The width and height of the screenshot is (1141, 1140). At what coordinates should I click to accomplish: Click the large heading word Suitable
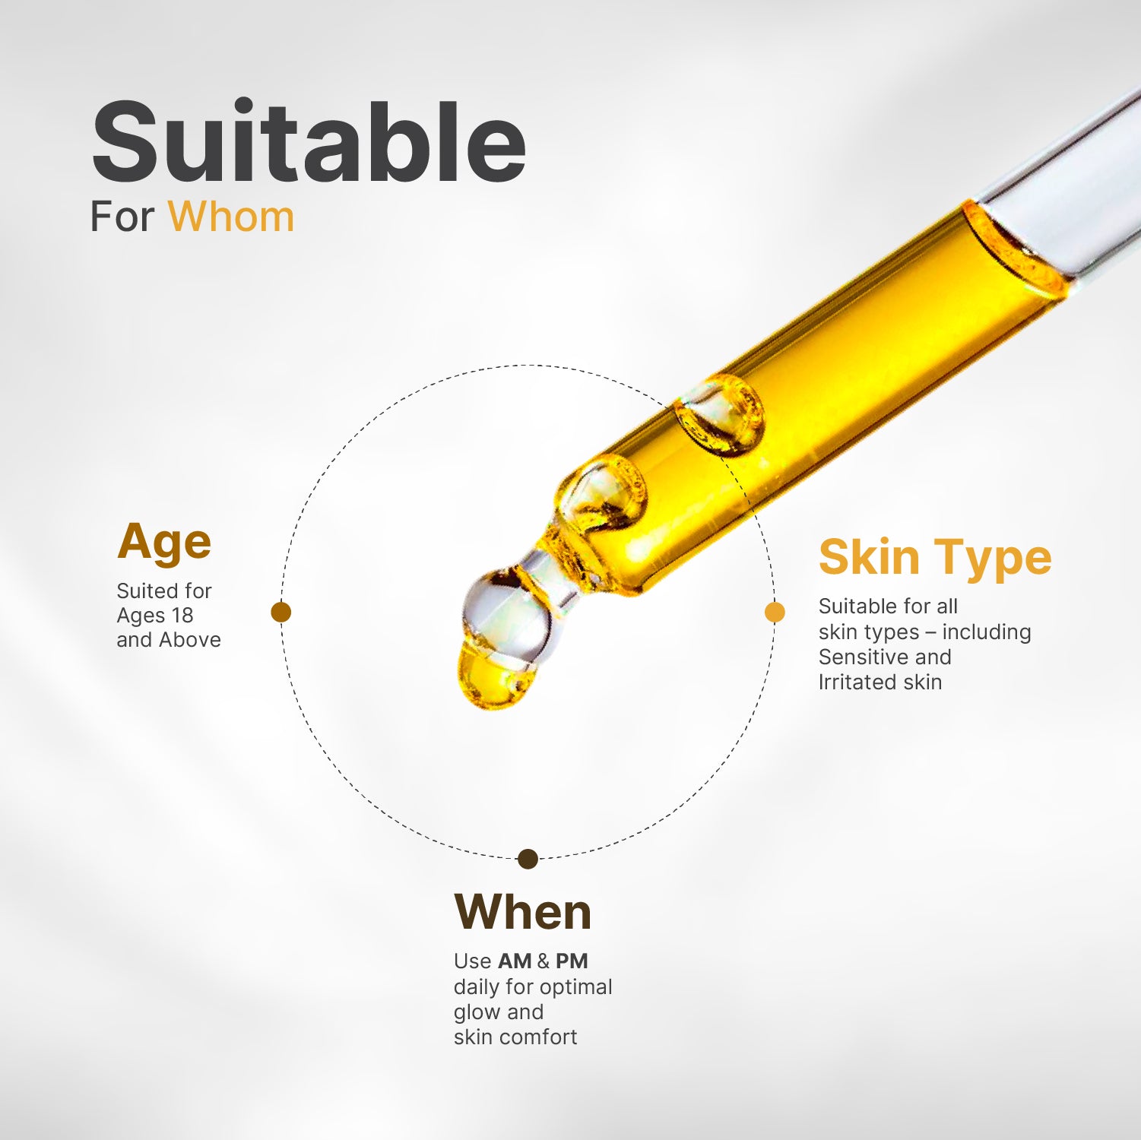click(x=308, y=142)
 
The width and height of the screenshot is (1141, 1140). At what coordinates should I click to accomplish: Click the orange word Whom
click(x=231, y=217)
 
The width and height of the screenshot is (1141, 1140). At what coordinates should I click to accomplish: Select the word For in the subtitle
click(x=122, y=217)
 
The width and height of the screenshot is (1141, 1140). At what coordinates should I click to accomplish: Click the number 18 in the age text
click(x=182, y=615)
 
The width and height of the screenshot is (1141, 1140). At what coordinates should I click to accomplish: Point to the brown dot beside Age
click(x=281, y=612)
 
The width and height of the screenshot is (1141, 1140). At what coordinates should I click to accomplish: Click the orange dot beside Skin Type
click(x=775, y=612)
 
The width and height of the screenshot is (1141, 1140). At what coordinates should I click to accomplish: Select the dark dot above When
click(x=528, y=860)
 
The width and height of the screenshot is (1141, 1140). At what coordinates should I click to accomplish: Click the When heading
click(x=522, y=912)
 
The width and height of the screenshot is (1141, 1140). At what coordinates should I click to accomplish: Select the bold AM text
click(x=515, y=961)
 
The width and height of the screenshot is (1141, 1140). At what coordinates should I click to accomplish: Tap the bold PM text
click(x=572, y=961)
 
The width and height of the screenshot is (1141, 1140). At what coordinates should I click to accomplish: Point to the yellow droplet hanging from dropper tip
click(x=494, y=676)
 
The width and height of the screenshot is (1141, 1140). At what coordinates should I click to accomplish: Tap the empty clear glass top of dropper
click(x=1064, y=190)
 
